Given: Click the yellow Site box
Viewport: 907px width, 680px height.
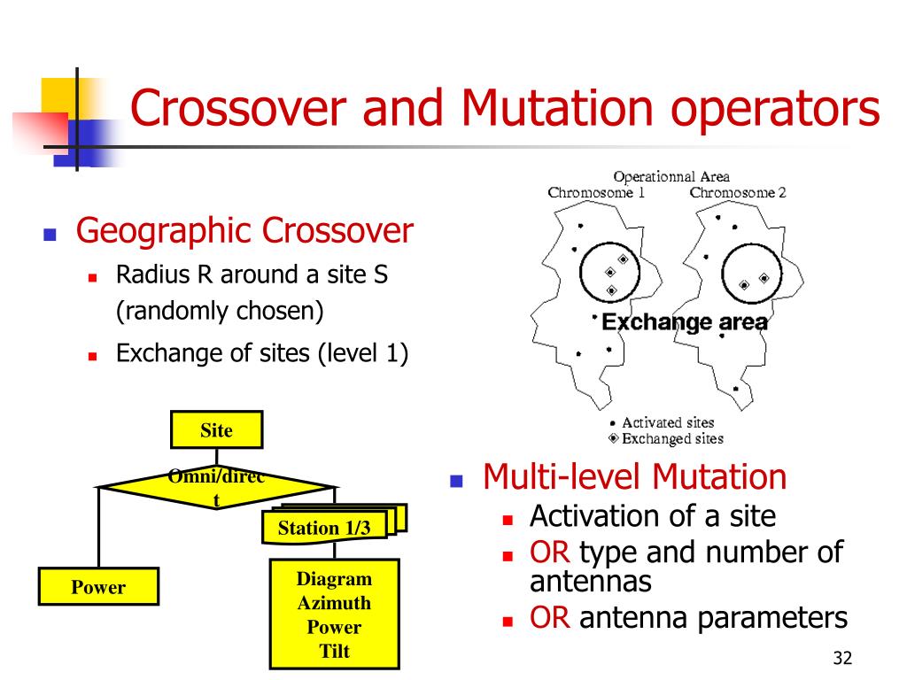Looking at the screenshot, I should pyautogui.click(x=216, y=430).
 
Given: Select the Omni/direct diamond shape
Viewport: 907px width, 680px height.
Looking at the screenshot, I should pyautogui.click(x=216, y=486).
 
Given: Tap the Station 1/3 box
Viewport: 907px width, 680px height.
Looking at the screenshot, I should pyautogui.click(x=324, y=529).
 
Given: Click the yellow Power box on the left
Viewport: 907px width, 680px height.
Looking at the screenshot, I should pyautogui.click(x=98, y=587).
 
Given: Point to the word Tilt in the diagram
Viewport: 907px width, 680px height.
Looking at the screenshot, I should pyautogui.click(x=334, y=652).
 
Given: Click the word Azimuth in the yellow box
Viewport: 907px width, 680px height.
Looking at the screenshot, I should pyautogui.click(x=334, y=604).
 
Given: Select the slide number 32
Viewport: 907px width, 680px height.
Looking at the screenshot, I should pyautogui.click(x=841, y=658).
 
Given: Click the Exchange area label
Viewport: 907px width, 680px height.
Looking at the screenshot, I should pyautogui.click(x=685, y=322).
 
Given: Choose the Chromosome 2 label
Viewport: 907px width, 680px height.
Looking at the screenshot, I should pyautogui.click(x=738, y=192).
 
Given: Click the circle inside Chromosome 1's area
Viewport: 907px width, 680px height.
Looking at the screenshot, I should pyautogui.click(x=610, y=272).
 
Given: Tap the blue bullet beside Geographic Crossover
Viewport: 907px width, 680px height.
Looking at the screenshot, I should pyautogui.click(x=50, y=236).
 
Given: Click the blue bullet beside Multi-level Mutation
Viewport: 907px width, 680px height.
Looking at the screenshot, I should pyautogui.click(x=457, y=482).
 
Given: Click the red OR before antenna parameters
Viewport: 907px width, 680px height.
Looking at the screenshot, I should pyautogui.click(x=549, y=618).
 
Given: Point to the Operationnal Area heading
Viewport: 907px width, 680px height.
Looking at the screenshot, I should pyautogui.click(x=671, y=177).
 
